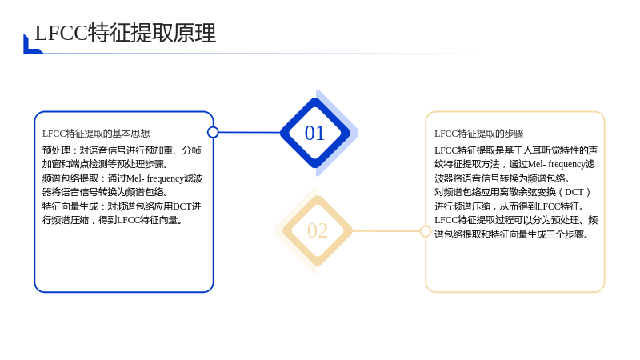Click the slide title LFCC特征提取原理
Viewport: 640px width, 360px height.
pyautogui.click(x=126, y=33)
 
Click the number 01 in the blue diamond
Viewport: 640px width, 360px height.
pyautogui.click(x=314, y=133)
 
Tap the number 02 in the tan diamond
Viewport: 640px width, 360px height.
pyautogui.click(x=318, y=231)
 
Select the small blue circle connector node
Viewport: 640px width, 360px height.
pyautogui.click(x=213, y=132)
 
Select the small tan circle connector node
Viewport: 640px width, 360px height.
pyautogui.click(x=426, y=231)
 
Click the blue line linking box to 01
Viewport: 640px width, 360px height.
pyautogui.click(x=250, y=132)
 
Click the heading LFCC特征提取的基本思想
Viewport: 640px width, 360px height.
pyautogui.click(x=96, y=134)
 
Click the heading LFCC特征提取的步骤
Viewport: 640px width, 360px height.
pyautogui.click(x=478, y=134)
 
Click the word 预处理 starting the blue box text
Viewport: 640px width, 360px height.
pyautogui.click(x=56, y=150)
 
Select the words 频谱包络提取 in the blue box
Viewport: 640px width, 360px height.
pyautogui.click(x=70, y=178)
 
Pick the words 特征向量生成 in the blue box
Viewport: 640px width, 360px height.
pyautogui.click(x=70, y=206)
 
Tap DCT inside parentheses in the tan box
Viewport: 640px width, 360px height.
pyautogui.click(x=574, y=192)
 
